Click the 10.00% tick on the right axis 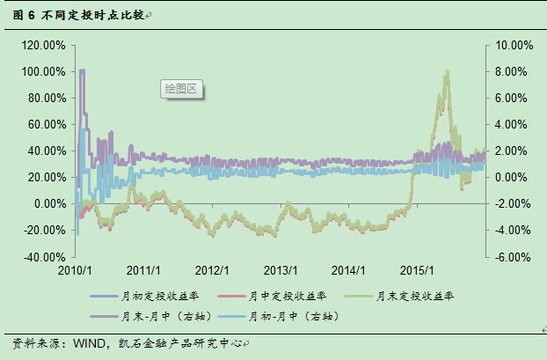point(514,45)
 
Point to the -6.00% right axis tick point(514,257)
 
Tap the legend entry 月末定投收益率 point(417,296)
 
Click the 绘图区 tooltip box point(182,89)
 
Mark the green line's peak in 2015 point(448,72)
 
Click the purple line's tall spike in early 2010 point(82,70)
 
